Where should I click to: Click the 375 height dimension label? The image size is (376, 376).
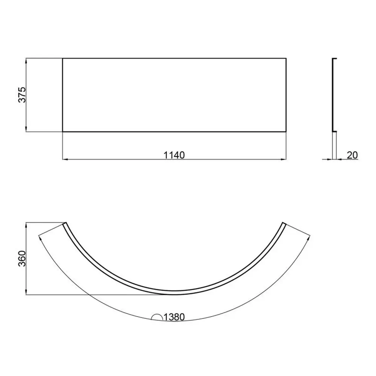(22, 95)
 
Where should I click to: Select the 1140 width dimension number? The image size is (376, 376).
(174, 155)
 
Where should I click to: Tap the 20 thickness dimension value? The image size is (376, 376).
(352, 155)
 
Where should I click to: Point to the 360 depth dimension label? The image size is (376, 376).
(22, 259)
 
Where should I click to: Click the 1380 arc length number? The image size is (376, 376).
(174, 317)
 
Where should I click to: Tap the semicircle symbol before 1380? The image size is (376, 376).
(157, 317)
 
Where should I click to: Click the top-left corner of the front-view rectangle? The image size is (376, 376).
(62, 58)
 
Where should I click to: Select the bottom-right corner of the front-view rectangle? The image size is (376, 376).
(286, 132)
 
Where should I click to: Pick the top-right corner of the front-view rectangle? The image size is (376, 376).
(286, 58)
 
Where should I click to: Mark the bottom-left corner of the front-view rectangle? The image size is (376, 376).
(62, 132)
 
